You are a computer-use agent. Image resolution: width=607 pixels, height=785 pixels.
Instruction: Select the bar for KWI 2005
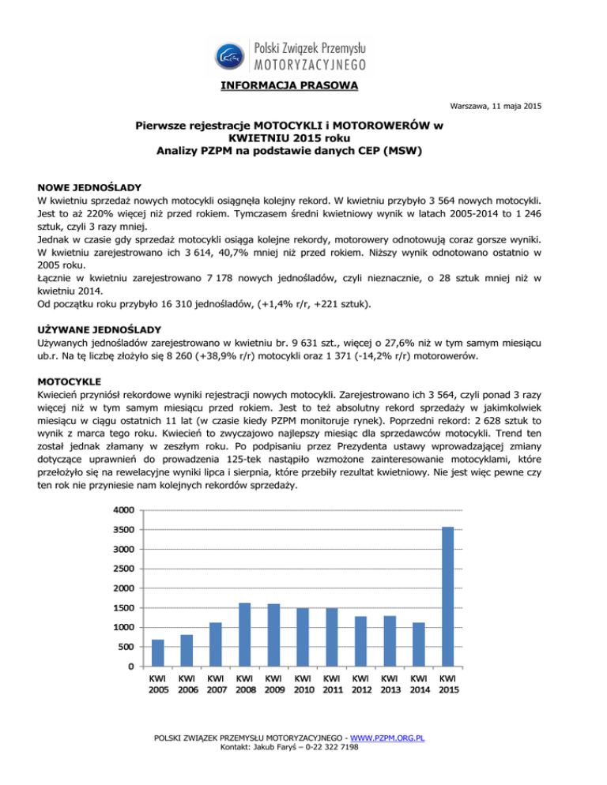pos(158,653)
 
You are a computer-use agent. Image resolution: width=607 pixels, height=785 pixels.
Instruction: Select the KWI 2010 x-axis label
pos(302,685)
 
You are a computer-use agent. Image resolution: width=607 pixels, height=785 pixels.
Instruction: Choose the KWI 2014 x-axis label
pos(418,685)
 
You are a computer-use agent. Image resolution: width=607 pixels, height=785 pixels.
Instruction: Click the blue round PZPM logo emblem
pos(231,56)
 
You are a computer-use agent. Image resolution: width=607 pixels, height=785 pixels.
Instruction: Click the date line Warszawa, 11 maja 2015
pos(496,106)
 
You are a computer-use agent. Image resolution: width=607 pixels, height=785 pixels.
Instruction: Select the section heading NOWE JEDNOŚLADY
pos(89,187)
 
